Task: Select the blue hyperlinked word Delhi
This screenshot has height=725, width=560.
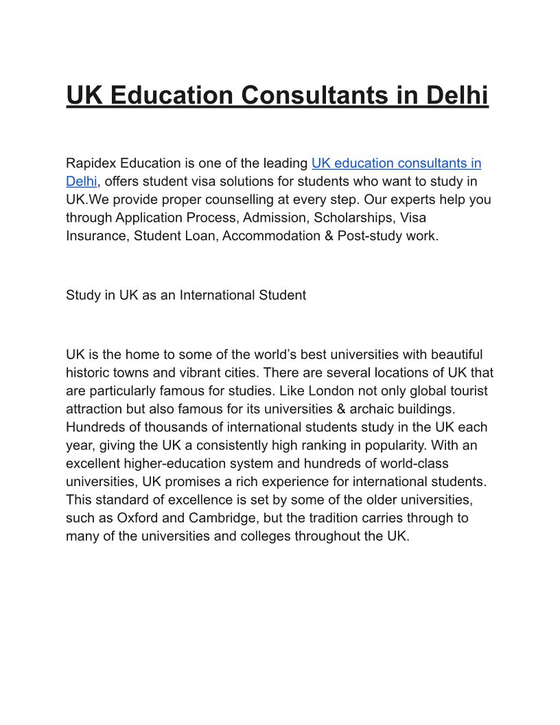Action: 81,181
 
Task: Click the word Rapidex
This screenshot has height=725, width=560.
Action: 91,163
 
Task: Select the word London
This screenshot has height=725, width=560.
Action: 331,391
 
